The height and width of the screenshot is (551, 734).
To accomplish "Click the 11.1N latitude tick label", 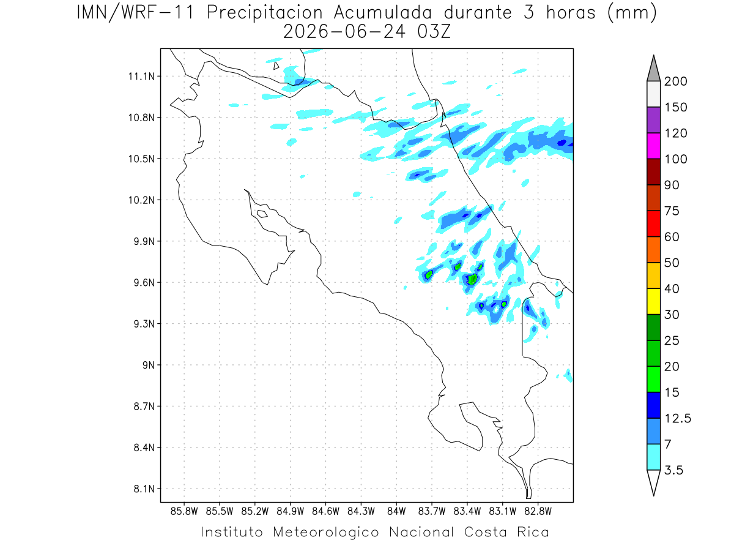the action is [x=141, y=77].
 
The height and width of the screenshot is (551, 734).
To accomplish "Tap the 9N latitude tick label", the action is [x=149, y=365].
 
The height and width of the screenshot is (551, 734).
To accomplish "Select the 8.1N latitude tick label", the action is [x=144, y=489].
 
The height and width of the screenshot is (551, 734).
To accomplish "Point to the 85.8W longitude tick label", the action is [x=184, y=512].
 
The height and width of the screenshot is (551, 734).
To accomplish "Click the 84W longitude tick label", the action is [x=396, y=512].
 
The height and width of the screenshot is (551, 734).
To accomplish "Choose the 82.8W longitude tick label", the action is [x=538, y=512].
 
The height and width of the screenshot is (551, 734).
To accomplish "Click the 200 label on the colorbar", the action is [x=675, y=81].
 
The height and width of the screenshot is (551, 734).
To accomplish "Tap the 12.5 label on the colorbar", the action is [x=678, y=419].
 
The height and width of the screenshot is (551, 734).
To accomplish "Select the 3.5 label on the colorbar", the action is [x=673, y=470].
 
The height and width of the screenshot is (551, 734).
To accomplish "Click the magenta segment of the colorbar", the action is [x=653, y=146].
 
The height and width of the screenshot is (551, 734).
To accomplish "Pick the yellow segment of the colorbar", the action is [x=653, y=301].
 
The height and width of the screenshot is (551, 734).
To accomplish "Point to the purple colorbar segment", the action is [x=653, y=120].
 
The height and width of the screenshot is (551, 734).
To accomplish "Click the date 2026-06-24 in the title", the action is [x=344, y=32].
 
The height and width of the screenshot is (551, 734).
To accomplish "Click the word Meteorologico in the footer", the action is [x=325, y=532].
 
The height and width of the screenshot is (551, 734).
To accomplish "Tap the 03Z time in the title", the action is [x=434, y=32].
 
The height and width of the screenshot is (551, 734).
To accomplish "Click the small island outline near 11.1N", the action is [x=276, y=66].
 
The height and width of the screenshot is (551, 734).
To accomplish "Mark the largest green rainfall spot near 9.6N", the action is [x=472, y=279].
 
